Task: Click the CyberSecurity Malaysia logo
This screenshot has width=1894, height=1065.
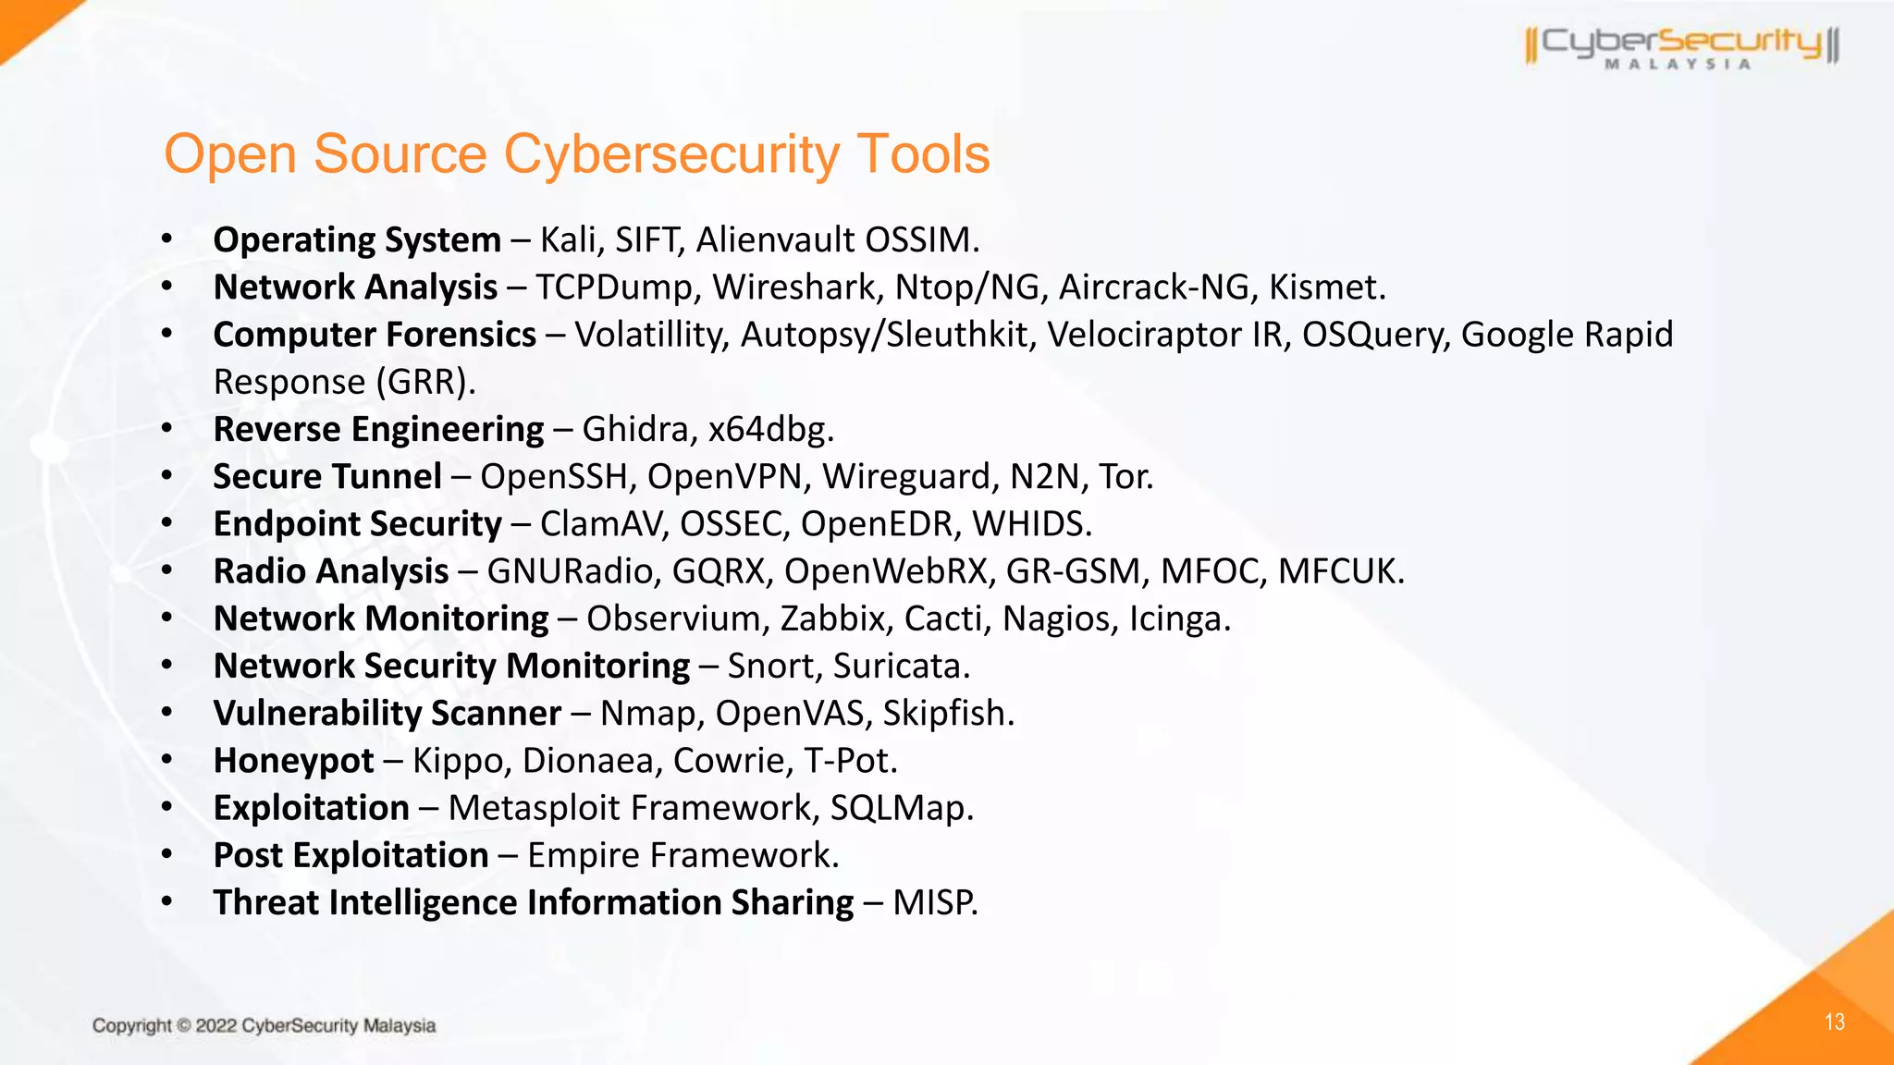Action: [1682, 46]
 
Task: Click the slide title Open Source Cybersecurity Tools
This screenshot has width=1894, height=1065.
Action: [576, 153]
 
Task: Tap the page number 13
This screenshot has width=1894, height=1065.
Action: [1835, 1022]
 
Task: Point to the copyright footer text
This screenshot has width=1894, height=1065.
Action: [264, 1025]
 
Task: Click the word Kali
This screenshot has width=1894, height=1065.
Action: [569, 240]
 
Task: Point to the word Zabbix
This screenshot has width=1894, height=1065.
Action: [832, 618]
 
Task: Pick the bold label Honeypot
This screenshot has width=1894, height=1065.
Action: [293, 761]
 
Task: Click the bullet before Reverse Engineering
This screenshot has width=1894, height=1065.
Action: [166, 429]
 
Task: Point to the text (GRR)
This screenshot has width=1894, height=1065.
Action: [424, 383]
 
